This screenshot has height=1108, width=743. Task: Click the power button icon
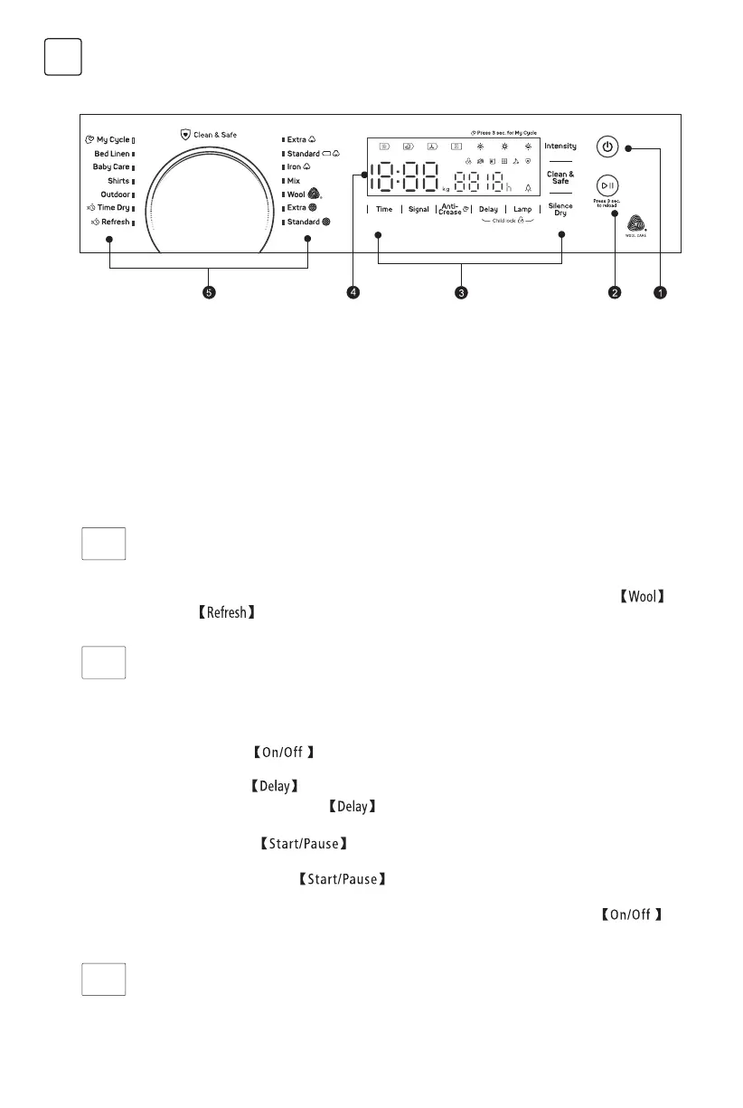[607, 147]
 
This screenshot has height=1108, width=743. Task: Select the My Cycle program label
[113, 140]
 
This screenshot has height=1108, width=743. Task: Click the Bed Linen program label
[113, 154]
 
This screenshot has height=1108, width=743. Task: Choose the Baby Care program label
[112, 167]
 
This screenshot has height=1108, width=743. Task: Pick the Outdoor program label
[116, 194]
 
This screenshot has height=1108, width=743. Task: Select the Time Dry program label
[113, 208]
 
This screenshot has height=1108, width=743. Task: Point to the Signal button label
[419, 209]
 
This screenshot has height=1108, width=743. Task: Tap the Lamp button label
[522, 209]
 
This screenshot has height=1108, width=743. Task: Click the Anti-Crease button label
[451, 209]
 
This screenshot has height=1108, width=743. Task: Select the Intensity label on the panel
[560, 146]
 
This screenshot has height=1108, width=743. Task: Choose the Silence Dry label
[560, 209]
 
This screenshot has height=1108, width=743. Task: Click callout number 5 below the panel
[209, 292]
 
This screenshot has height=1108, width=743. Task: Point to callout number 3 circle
[462, 292]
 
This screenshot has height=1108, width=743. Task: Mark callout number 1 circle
[661, 292]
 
